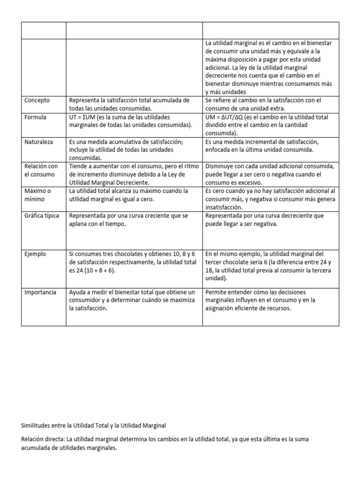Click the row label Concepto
click(37, 100)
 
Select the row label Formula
click(35, 117)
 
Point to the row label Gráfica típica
click(42, 216)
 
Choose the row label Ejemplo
click(35, 254)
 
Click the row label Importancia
click(40, 292)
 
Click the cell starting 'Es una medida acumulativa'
click(134, 150)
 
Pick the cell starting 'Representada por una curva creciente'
click(134, 220)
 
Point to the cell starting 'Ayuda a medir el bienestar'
click(134, 300)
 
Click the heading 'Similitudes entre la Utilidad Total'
click(93, 425)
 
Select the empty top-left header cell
click(44, 30)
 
